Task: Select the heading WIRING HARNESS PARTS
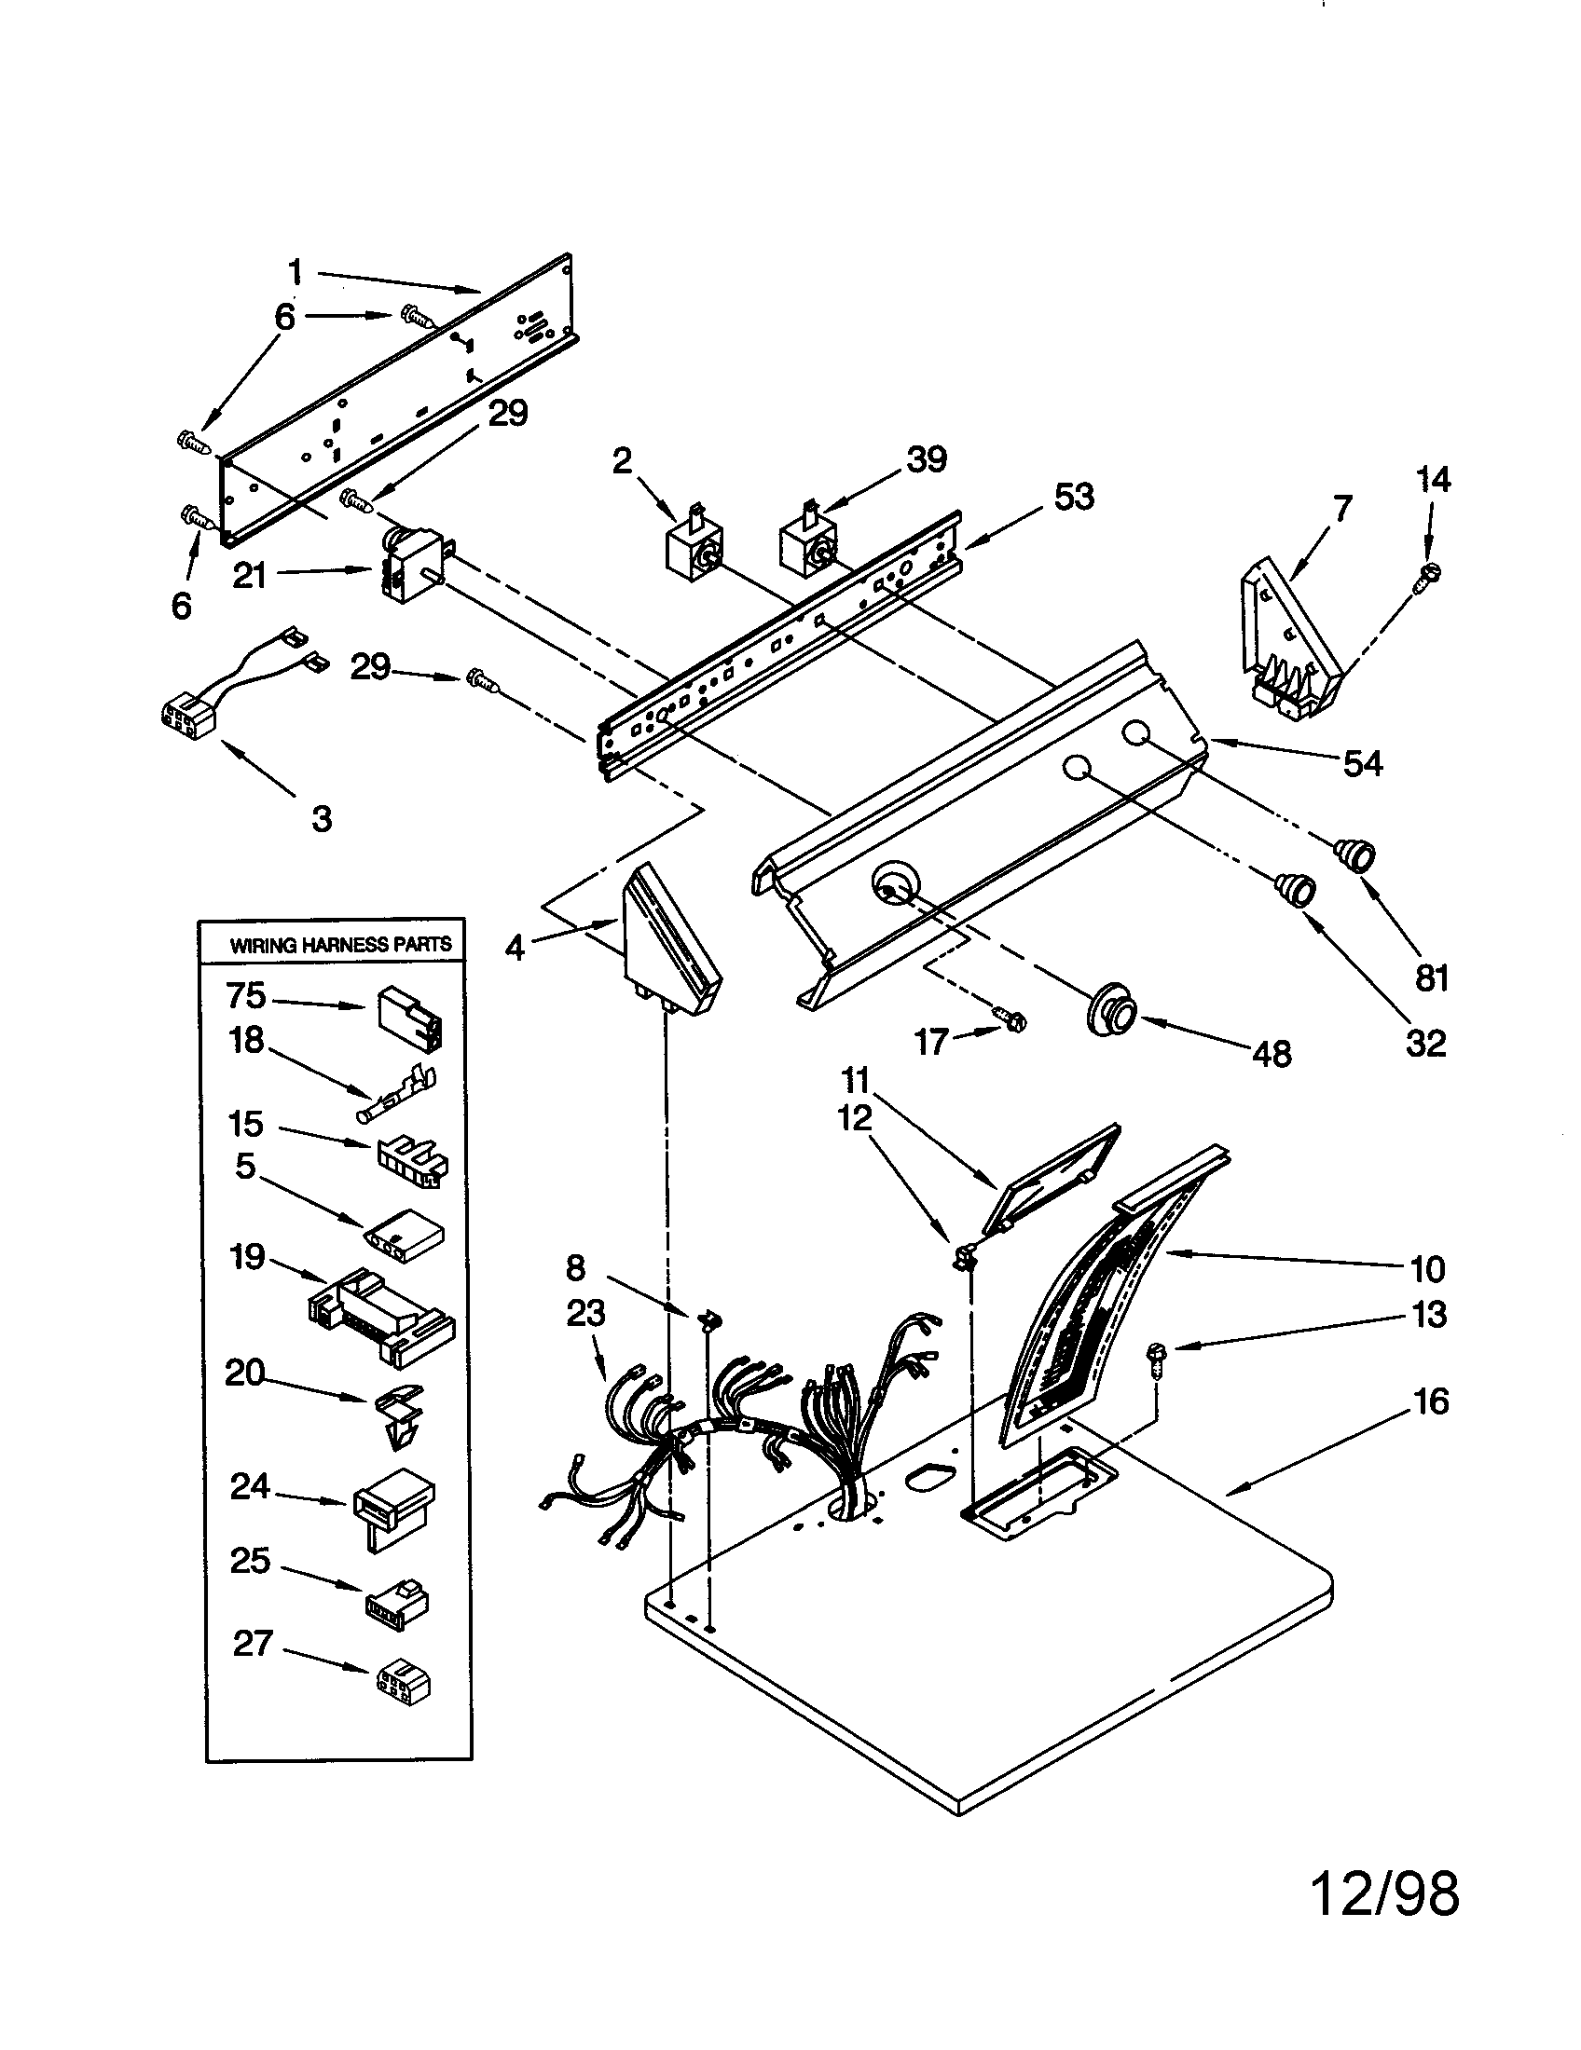click(x=340, y=944)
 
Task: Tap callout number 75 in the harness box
click(x=245, y=994)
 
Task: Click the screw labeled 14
click(x=1427, y=574)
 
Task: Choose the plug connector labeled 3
click(x=190, y=722)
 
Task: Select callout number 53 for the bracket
click(x=1074, y=496)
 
